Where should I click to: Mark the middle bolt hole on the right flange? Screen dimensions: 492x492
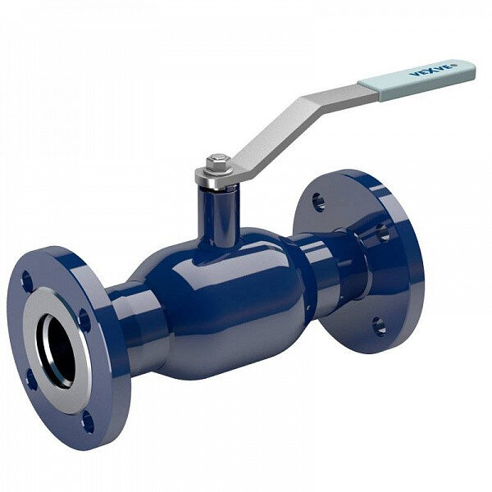383,233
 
